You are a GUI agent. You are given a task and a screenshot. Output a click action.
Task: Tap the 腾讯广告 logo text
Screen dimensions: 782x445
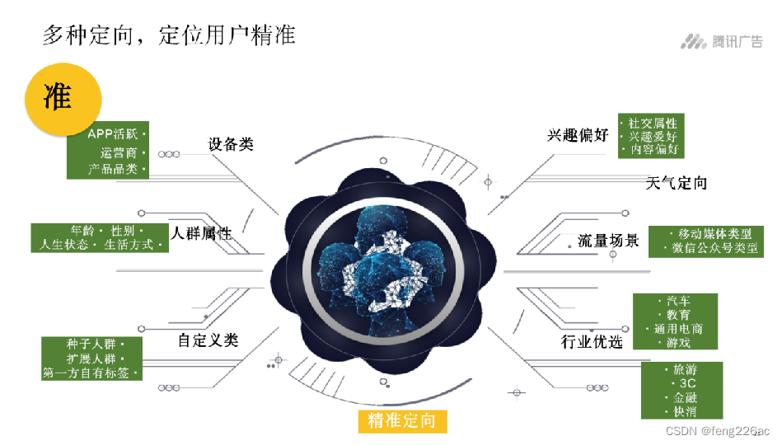tap(738, 42)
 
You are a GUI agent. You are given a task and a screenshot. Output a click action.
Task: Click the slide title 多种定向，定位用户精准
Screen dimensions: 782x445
tap(168, 35)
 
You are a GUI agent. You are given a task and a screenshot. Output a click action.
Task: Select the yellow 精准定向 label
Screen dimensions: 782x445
tap(402, 421)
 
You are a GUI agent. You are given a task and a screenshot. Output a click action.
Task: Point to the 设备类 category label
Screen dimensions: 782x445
tap(231, 144)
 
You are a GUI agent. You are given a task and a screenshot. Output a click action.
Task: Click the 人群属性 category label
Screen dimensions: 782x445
tap(201, 234)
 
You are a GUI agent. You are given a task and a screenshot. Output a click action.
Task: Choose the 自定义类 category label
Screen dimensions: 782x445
tap(208, 340)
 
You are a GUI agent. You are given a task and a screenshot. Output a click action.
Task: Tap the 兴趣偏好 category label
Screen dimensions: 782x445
tap(578, 135)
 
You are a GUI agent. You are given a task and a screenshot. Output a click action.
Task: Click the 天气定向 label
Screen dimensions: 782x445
tap(677, 183)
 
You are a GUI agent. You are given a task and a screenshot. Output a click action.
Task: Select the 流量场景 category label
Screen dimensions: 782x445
tap(608, 241)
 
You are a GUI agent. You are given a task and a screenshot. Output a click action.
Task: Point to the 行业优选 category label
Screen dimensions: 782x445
tap(592, 341)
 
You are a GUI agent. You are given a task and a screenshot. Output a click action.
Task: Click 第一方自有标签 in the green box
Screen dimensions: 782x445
tap(89, 372)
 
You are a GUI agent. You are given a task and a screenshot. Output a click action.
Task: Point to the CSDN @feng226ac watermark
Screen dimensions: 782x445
tap(717, 431)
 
